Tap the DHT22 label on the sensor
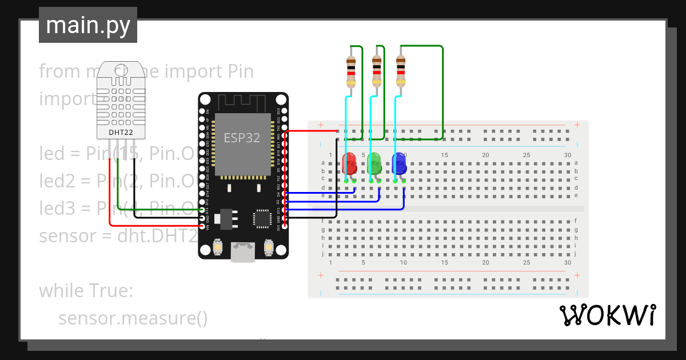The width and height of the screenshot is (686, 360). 120,133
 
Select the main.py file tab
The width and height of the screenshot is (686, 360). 88,25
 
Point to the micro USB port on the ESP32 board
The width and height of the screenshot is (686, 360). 243,252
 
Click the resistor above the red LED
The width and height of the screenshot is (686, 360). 351,71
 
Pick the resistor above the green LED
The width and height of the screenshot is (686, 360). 376,71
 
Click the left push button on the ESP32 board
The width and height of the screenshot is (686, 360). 217,247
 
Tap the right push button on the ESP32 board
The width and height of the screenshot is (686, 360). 268,247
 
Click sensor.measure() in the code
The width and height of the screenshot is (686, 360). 133,318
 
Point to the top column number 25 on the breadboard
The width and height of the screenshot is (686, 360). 527,155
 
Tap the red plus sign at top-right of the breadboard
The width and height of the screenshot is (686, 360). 577,125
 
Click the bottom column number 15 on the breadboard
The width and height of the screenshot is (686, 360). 445,262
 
